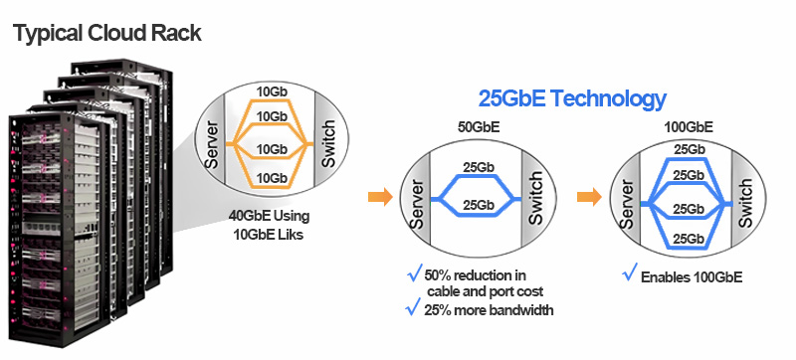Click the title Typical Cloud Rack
(x=107, y=33)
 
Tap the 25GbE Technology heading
(x=571, y=99)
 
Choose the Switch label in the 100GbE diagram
(x=743, y=203)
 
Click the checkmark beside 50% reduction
(x=414, y=273)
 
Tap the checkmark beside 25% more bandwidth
(x=414, y=308)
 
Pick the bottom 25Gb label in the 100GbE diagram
(x=687, y=239)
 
